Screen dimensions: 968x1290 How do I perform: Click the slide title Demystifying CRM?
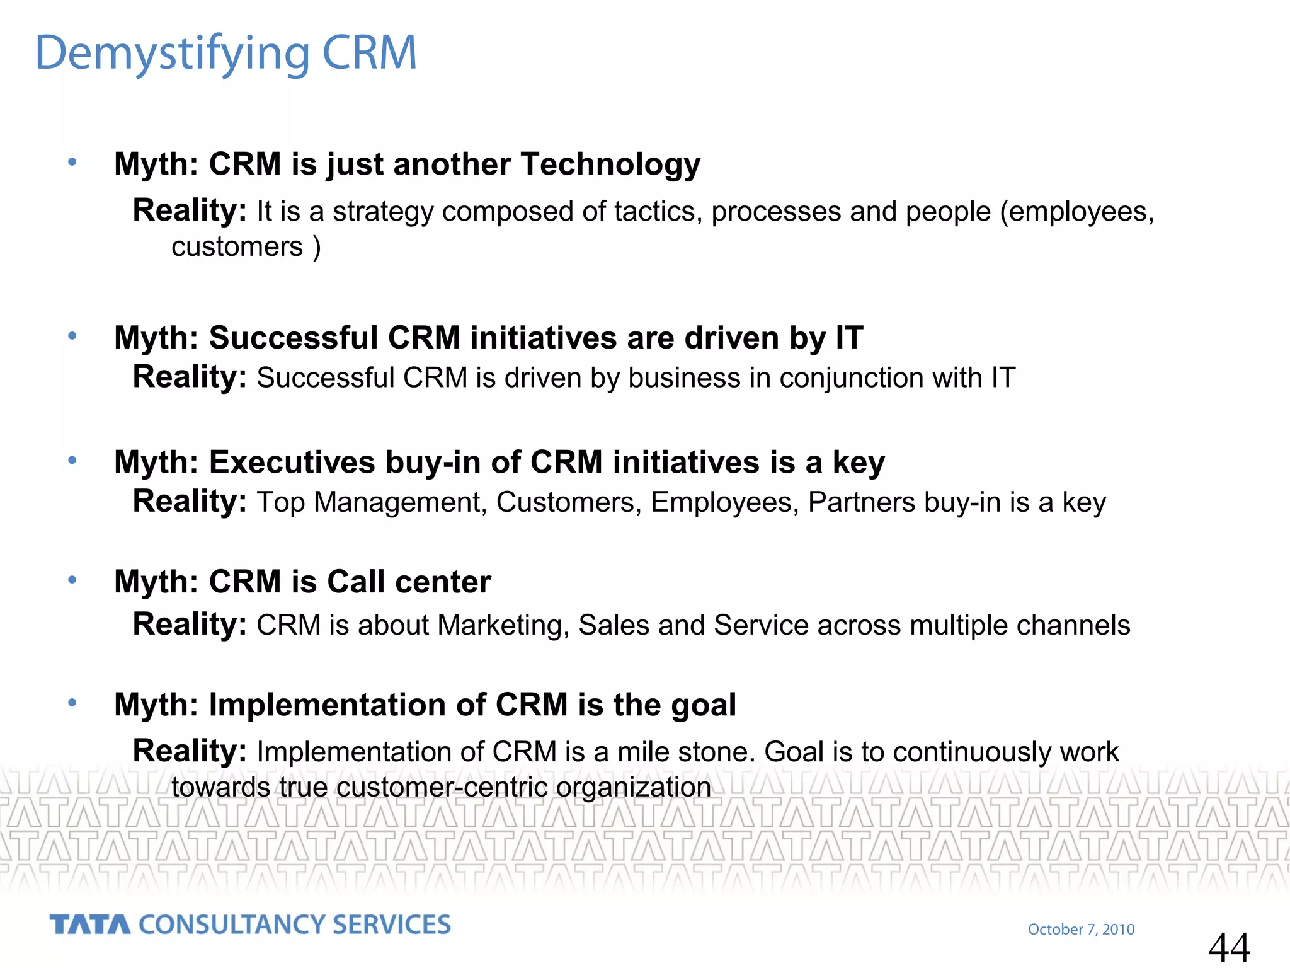coord(225,53)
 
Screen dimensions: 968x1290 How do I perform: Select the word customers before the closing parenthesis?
coord(237,246)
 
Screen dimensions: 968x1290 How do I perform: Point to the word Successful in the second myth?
coord(292,338)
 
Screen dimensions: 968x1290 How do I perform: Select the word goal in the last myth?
coord(703,705)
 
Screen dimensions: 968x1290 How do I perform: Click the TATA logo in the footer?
coord(90,925)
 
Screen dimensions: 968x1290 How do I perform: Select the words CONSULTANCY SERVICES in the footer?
coord(294,925)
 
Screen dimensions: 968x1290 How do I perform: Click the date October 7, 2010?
coord(1081,929)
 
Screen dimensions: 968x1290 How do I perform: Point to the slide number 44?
coord(1229,947)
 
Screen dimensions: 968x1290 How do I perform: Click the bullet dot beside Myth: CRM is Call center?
coord(72,579)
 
